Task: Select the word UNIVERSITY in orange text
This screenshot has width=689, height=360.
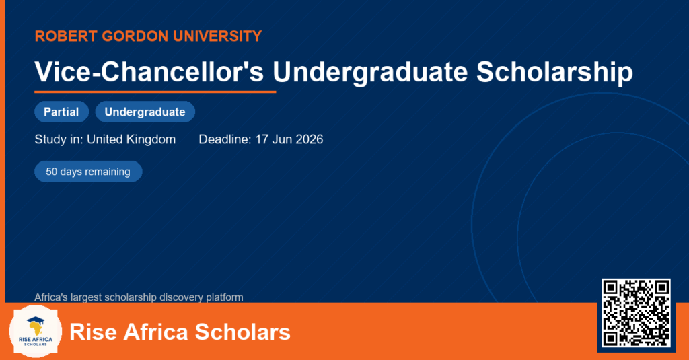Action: click(x=217, y=36)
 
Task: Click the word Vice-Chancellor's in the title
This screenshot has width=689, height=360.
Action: click(x=149, y=71)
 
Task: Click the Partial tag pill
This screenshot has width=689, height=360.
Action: click(x=61, y=112)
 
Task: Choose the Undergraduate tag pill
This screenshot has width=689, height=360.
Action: click(x=145, y=112)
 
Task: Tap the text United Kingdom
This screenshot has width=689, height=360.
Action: click(x=131, y=139)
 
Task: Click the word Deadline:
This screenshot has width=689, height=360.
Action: click(x=225, y=139)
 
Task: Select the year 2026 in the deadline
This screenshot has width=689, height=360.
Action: click(x=310, y=139)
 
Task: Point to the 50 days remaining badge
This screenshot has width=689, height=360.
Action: click(x=88, y=172)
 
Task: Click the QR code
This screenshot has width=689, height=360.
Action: click(x=636, y=312)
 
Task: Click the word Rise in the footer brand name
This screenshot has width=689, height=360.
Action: click(x=93, y=332)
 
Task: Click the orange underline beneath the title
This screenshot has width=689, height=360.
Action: click(x=155, y=92)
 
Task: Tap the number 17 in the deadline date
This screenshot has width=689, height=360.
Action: click(x=262, y=139)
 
